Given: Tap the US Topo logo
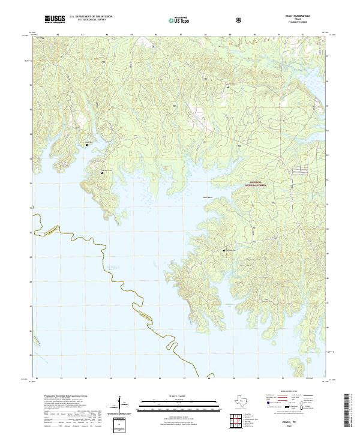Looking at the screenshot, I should click(179, 20).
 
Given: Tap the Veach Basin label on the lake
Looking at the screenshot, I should click(207, 197).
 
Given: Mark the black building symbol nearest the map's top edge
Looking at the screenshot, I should click(152, 46).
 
